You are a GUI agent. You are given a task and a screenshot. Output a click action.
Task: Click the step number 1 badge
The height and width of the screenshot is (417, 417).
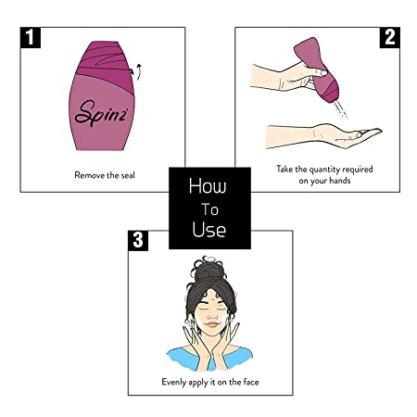point(31,38)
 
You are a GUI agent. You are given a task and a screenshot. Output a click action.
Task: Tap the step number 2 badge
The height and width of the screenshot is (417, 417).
point(390,38)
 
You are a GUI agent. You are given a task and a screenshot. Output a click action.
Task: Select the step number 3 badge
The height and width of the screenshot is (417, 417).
point(138,240)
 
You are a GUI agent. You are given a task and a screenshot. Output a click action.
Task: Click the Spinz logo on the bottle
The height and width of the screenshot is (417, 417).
point(101,113)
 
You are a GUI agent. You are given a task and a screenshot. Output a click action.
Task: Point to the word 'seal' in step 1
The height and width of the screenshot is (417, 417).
point(128,175)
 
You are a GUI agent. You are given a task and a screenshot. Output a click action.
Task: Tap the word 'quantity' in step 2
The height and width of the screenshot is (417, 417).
point(324,170)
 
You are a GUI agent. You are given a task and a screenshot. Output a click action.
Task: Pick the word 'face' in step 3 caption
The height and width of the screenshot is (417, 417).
point(251,382)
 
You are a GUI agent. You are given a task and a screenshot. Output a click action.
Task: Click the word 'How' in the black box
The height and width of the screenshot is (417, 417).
point(208,186)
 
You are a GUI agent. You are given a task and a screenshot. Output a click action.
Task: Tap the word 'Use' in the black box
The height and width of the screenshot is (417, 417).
point(209,230)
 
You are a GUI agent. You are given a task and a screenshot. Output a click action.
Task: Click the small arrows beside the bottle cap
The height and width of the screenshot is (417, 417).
point(136,71)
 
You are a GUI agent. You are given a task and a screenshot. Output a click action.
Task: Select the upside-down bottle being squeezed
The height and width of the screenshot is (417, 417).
point(318,69)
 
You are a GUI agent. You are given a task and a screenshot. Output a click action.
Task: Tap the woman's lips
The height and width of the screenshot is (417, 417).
point(212,325)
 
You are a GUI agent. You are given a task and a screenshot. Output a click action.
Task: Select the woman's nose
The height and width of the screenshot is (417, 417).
point(212,316)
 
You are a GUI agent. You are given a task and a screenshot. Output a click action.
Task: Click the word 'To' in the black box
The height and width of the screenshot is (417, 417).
point(210,209)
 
